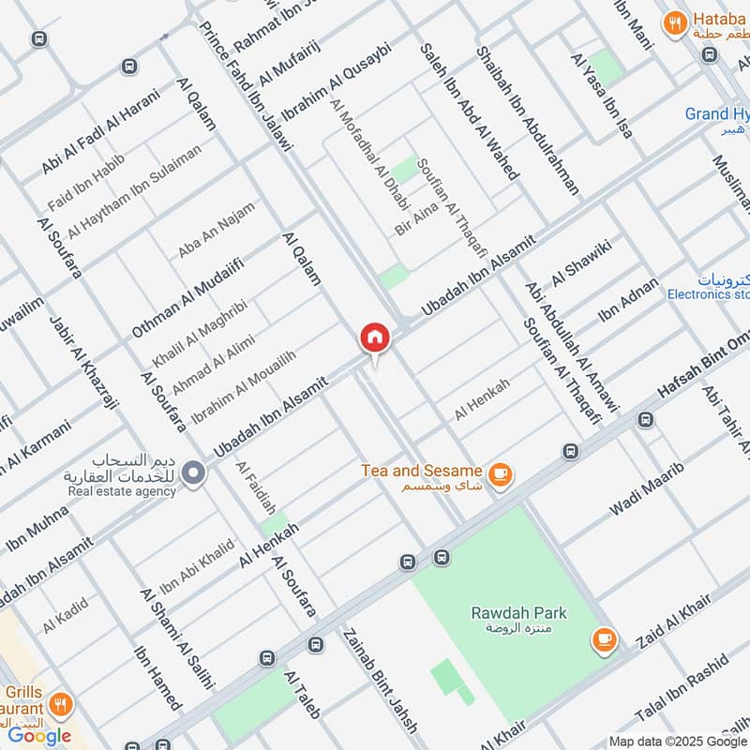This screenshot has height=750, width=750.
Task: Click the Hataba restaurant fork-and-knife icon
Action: pyautogui.click(x=673, y=24)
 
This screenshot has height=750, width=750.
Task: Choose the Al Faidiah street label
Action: pyautogui.click(x=256, y=487)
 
